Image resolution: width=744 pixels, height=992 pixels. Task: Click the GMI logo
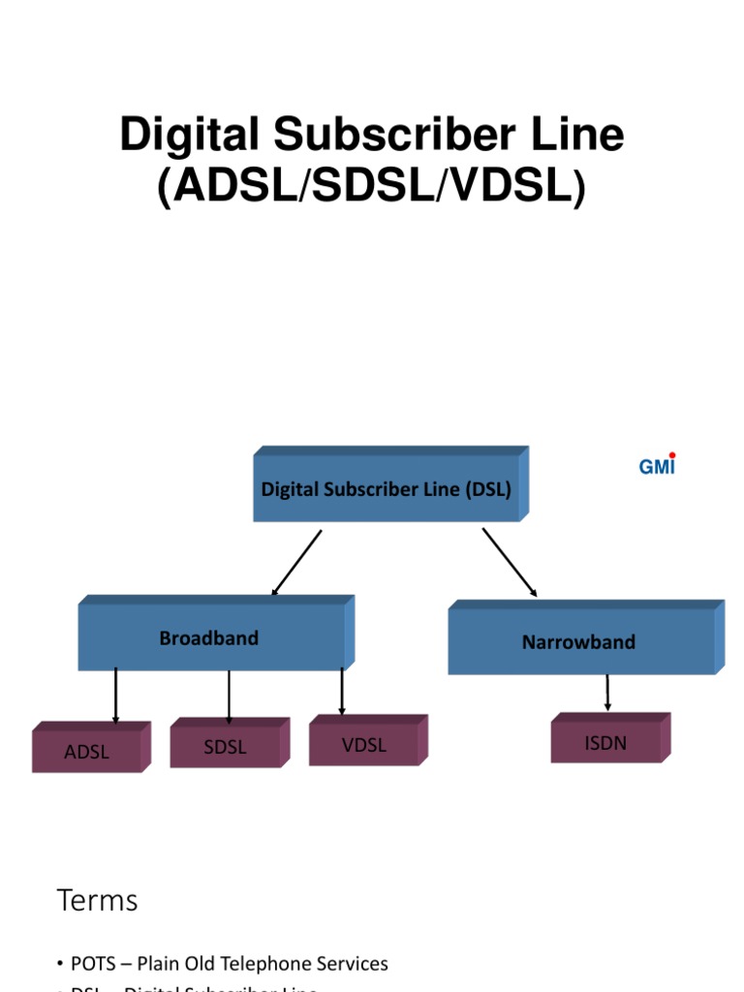657,466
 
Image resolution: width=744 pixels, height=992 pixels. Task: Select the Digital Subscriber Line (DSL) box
387,488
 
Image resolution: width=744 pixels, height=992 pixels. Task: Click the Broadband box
209,638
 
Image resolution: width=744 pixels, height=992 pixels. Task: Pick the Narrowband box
578,642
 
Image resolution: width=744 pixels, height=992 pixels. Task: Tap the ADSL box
86,752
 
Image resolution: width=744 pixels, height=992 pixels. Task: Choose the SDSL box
225,747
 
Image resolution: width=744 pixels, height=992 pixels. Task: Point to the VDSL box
363,745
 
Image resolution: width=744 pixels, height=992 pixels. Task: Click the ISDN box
605,743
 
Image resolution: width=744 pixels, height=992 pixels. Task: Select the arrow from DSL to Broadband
296,563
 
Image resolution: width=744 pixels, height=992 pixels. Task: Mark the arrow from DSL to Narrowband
510,563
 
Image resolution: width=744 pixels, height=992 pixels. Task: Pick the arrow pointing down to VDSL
342,692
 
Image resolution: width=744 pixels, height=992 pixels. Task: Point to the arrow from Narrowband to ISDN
607,693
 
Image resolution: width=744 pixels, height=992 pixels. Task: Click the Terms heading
97,901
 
